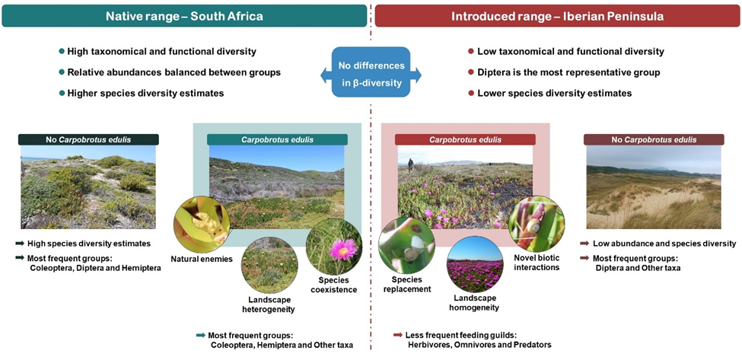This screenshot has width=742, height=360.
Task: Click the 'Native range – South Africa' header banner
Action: point(184,16)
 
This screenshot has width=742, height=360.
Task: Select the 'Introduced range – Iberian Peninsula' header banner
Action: point(557,16)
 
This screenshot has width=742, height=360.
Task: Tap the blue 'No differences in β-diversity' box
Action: point(371,72)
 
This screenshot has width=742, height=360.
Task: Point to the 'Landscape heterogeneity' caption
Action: point(269,304)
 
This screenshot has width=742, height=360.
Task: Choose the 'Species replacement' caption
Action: point(407,285)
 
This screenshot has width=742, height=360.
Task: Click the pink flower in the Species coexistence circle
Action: point(343,250)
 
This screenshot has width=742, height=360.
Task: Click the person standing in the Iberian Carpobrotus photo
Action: point(410,166)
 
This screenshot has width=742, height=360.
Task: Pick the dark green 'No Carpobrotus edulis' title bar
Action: point(88,139)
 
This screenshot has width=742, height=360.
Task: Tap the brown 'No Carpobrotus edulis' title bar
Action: point(654,139)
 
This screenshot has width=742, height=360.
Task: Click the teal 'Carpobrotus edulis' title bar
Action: point(277,139)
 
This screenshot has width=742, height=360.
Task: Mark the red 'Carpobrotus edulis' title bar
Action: point(465,139)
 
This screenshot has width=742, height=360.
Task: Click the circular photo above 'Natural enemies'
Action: point(202,225)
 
